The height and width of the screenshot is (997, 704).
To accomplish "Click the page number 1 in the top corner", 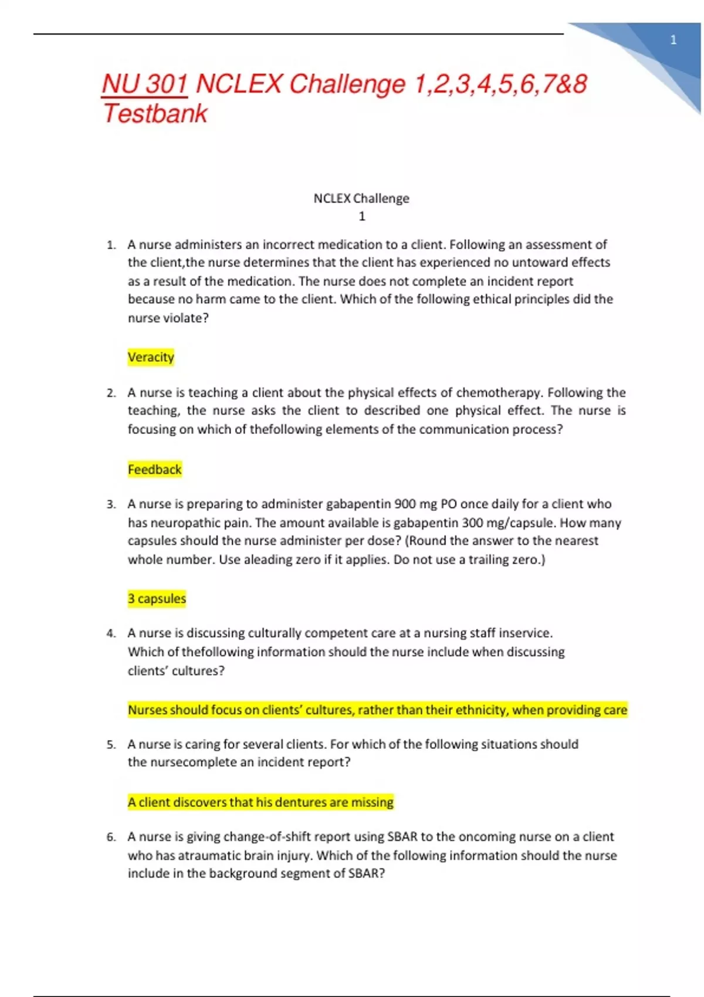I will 673,40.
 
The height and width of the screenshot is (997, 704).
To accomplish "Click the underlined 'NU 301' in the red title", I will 144,84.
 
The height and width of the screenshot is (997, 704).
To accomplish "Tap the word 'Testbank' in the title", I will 155,113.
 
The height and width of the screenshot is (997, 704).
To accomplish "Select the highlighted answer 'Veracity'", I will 151,357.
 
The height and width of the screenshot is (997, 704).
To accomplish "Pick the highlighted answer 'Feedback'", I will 154,469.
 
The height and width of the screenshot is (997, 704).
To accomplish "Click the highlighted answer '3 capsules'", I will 157,598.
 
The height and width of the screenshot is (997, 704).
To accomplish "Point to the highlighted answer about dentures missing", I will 260,802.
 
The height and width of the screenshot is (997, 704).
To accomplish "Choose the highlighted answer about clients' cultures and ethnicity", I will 377,710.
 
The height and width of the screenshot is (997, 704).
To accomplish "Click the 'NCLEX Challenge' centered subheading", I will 361,198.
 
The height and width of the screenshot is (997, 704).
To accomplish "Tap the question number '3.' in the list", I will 111,504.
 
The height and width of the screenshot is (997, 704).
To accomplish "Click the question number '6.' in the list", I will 111,837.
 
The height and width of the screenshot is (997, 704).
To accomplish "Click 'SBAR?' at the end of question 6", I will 367,873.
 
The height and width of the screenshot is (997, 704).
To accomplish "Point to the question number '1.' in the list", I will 111,245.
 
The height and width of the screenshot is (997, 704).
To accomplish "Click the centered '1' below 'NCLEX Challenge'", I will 362,216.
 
